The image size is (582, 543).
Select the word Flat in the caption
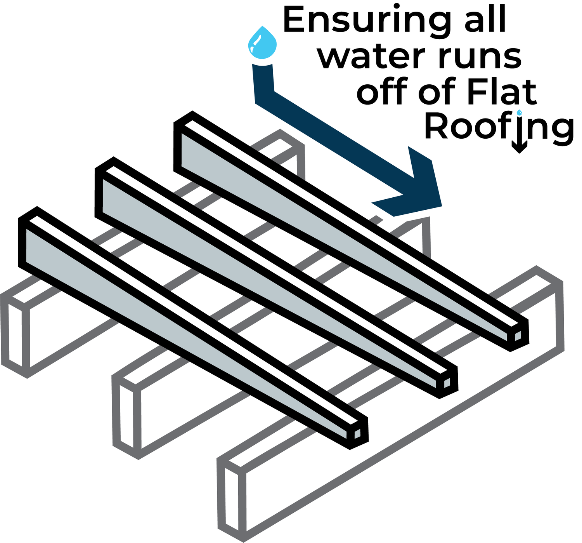pyautogui.click(x=502, y=90)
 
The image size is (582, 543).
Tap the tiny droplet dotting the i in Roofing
pyautogui.click(x=519, y=112)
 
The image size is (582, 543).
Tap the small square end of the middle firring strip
pyautogui.click(x=447, y=383)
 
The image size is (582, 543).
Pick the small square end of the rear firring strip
pyautogui.click(x=518, y=336)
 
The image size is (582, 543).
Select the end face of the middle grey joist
pyautogui.click(x=126, y=417)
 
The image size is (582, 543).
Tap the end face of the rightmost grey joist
pyautogui.click(x=232, y=499)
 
